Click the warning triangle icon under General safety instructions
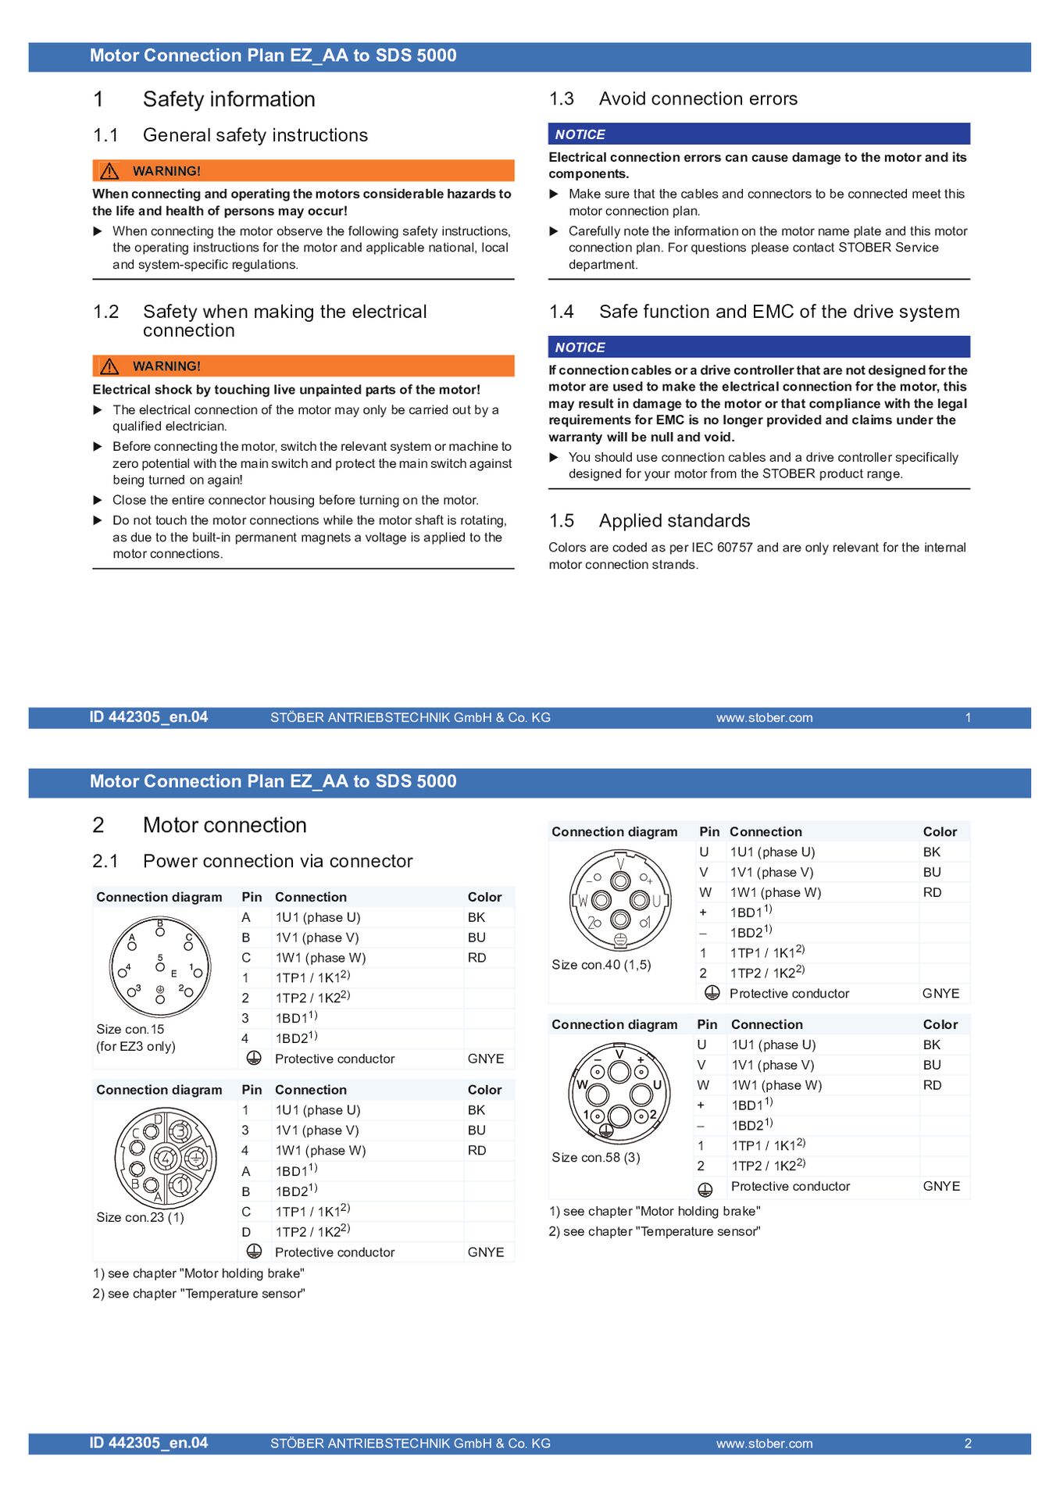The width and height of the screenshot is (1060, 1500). tap(109, 171)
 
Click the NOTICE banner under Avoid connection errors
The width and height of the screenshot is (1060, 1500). tap(758, 134)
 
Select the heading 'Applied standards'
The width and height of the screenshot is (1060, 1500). tap(673, 521)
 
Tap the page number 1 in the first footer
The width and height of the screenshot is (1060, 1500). tap(967, 717)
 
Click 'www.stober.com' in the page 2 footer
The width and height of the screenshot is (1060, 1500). tap(763, 1443)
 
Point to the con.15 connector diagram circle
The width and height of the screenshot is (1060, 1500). tap(160, 967)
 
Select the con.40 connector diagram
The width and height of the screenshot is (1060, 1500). tap(620, 900)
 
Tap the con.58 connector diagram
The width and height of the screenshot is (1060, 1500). tap(619, 1093)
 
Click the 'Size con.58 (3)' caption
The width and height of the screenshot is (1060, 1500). tap(595, 1157)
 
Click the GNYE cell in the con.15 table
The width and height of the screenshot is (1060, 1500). tap(485, 1059)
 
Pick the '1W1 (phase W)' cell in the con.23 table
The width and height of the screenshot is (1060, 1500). tap(320, 1150)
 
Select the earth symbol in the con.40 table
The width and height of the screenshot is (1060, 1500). tap(712, 993)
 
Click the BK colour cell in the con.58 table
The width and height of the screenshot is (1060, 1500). tap(931, 1045)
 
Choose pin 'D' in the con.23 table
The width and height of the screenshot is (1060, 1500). tap(246, 1231)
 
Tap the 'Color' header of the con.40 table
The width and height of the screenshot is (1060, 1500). tap(939, 831)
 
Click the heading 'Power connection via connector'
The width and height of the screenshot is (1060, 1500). tap(277, 861)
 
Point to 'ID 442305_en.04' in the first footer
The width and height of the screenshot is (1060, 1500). tap(148, 717)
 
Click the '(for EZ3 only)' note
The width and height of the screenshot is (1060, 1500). tap(136, 1046)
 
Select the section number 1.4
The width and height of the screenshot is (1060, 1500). tap(561, 312)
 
